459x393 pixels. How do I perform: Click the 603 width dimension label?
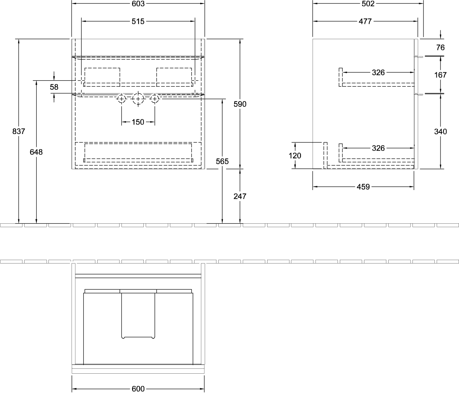point(138,3)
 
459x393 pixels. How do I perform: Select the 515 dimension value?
point(138,21)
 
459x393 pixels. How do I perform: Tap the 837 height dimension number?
point(19,131)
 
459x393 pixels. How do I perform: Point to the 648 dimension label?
point(36,152)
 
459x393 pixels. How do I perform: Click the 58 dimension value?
point(54,87)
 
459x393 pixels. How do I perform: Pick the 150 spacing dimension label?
point(138,122)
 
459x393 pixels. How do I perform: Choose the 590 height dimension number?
point(240,104)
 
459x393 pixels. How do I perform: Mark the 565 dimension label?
point(222,161)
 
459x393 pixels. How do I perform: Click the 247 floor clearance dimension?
point(240,196)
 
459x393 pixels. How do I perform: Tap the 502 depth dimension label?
point(368,3)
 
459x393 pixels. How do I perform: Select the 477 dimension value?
point(365,21)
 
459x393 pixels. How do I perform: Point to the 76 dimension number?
point(440,47)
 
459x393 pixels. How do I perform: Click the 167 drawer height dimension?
point(440,75)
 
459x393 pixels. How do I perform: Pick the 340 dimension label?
point(440,131)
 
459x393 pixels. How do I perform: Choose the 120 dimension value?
point(295,156)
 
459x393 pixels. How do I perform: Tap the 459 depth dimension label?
point(363,187)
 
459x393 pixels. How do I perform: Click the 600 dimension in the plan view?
point(138,389)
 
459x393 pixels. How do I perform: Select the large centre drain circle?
point(138,93)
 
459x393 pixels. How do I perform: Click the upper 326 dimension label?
point(378,72)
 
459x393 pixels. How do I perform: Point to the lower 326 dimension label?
point(378,148)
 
